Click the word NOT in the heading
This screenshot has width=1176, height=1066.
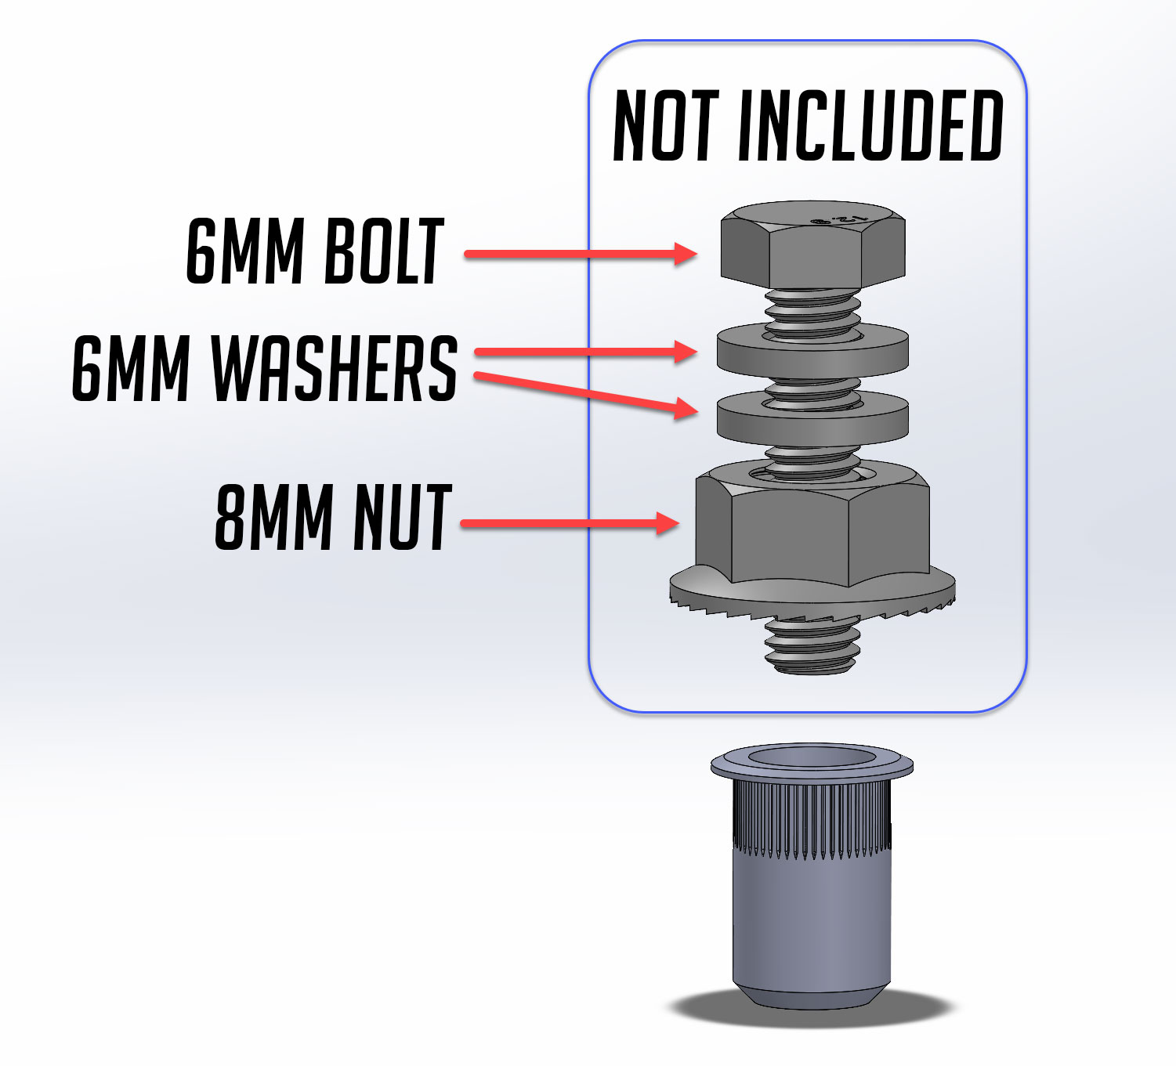[x=666, y=125]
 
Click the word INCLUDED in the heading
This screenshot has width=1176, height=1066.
[x=870, y=125]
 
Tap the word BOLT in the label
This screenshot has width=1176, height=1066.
[x=384, y=251]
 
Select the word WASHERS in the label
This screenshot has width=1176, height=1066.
[x=335, y=368]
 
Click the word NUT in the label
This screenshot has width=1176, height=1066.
[x=403, y=517]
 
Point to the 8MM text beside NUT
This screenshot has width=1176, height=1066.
[x=273, y=517]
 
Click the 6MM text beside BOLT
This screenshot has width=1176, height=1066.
[x=245, y=251]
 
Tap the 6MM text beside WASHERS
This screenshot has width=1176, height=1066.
[x=131, y=368]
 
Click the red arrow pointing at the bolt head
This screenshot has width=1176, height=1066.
[x=581, y=254]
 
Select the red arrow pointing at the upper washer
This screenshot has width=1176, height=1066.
[x=586, y=352]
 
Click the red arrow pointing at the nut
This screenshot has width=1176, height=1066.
[x=570, y=523]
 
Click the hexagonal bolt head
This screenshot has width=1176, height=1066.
[x=812, y=245]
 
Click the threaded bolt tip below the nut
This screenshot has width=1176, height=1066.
[x=812, y=644]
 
